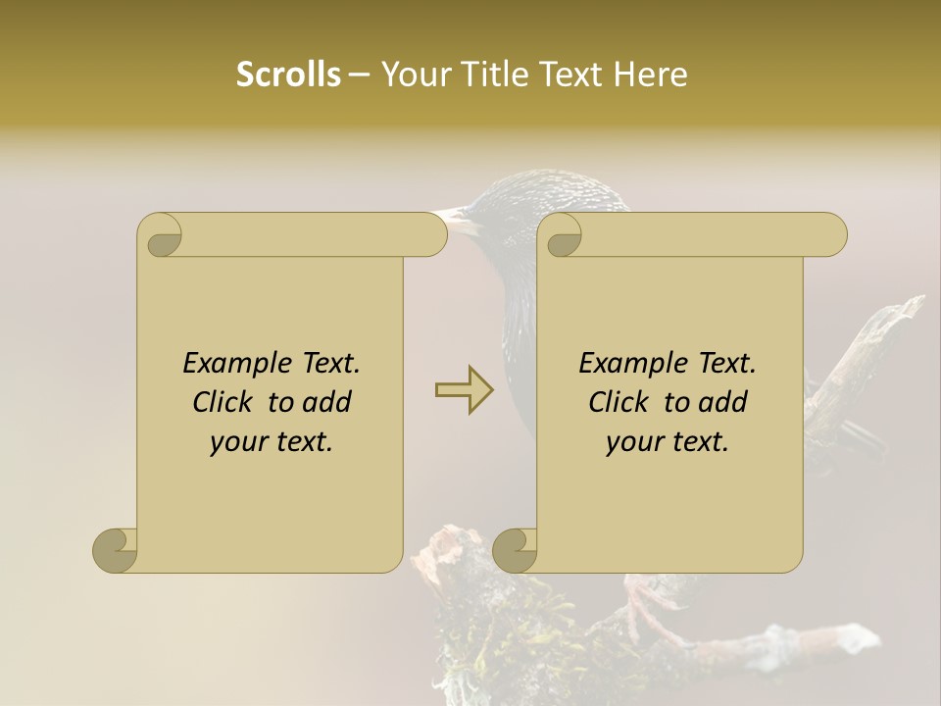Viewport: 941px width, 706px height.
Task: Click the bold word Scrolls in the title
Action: click(x=288, y=75)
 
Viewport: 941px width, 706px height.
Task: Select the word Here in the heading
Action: click(x=651, y=75)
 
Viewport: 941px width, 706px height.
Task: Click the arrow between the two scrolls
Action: click(x=465, y=390)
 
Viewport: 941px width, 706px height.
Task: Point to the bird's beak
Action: click(x=452, y=218)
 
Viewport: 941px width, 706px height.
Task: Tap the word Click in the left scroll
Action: click(x=224, y=402)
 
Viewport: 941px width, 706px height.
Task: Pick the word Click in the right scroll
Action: click(x=620, y=402)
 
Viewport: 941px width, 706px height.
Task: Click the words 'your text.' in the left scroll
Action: click(x=271, y=442)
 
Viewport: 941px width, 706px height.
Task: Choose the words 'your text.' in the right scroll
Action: click(x=667, y=442)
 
